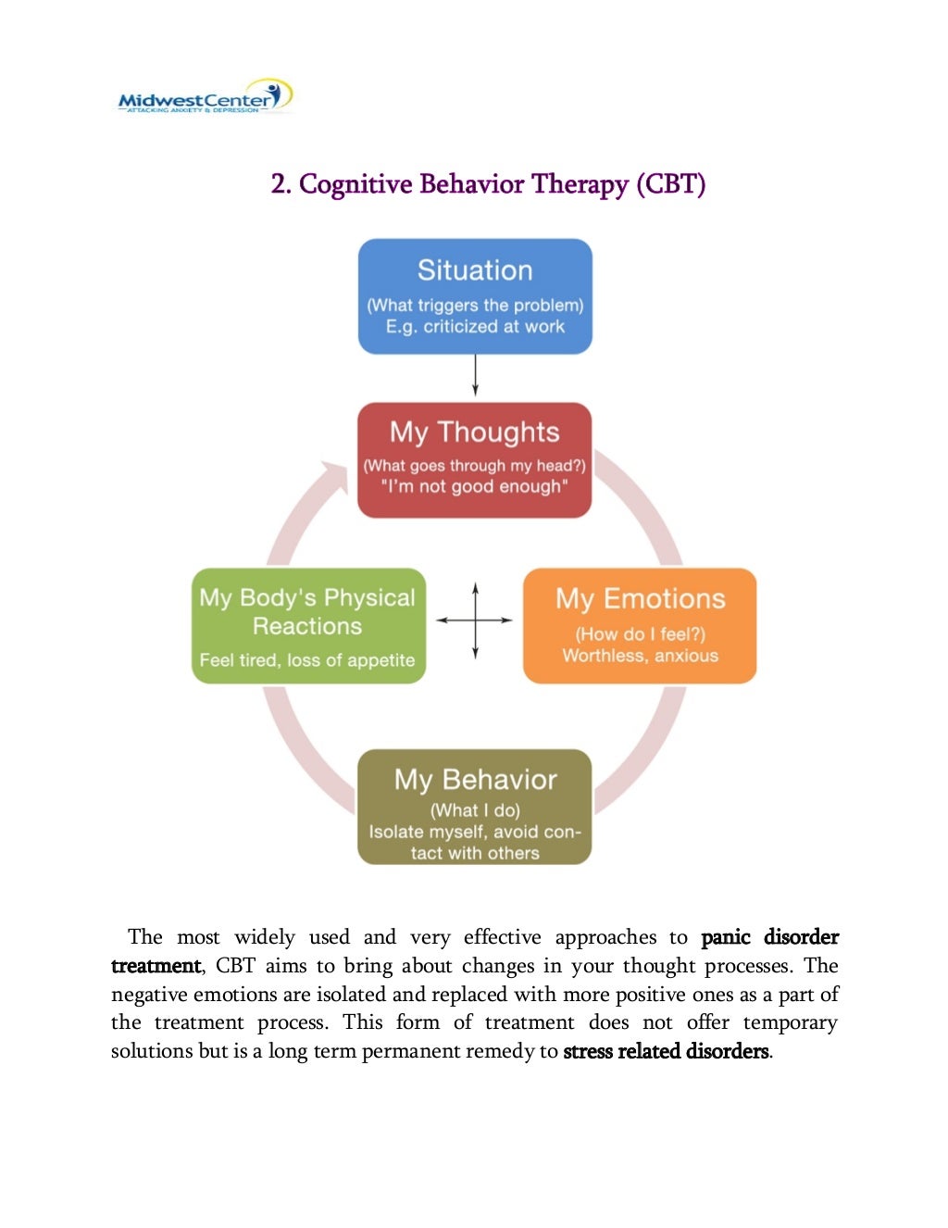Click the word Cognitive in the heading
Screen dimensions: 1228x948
[x=355, y=184]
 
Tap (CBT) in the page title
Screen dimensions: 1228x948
[x=670, y=184]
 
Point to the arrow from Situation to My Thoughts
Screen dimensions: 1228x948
[x=475, y=376]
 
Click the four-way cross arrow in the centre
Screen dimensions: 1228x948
[x=475, y=620]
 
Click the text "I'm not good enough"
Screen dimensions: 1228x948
[x=474, y=487]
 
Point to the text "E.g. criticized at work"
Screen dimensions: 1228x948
[x=475, y=327]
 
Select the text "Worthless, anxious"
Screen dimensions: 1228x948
[x=640, y=656]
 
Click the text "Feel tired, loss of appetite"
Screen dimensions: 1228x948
[x=307, y=660]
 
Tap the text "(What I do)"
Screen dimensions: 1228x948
[x=475, y=810]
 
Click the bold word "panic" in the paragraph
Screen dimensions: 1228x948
[x=726, y=937]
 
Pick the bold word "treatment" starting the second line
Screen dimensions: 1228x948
[x=156, y=966]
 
